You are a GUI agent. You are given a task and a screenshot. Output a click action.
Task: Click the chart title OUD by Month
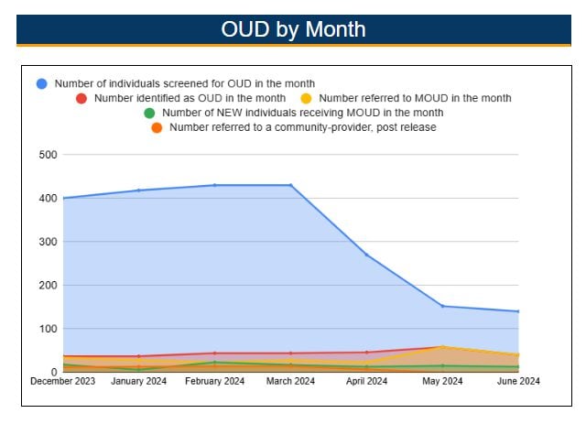pos(293,29)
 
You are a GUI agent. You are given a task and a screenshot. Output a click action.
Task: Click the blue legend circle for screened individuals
pos(42,83)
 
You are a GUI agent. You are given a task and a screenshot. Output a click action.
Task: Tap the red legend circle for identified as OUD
pos(81,98)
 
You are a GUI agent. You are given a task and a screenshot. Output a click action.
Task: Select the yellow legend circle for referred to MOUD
pos(308,98)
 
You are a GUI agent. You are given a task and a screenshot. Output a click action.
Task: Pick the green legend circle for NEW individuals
pos(149,113)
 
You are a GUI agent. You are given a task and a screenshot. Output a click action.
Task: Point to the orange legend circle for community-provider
pos(157,127)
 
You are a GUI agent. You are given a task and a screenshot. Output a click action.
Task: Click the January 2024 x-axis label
pos(138,382)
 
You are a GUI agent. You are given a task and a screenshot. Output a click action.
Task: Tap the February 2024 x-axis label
pos(214,382)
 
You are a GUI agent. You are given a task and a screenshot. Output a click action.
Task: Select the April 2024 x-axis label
pos(366,382)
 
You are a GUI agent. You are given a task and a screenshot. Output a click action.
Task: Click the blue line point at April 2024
pos(366,255)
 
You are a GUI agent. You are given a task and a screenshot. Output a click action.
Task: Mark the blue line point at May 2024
pos(442,306)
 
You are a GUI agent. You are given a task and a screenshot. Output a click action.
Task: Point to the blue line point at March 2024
pos(290,185)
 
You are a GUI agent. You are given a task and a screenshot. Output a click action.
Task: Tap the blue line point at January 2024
pos(138,190)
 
